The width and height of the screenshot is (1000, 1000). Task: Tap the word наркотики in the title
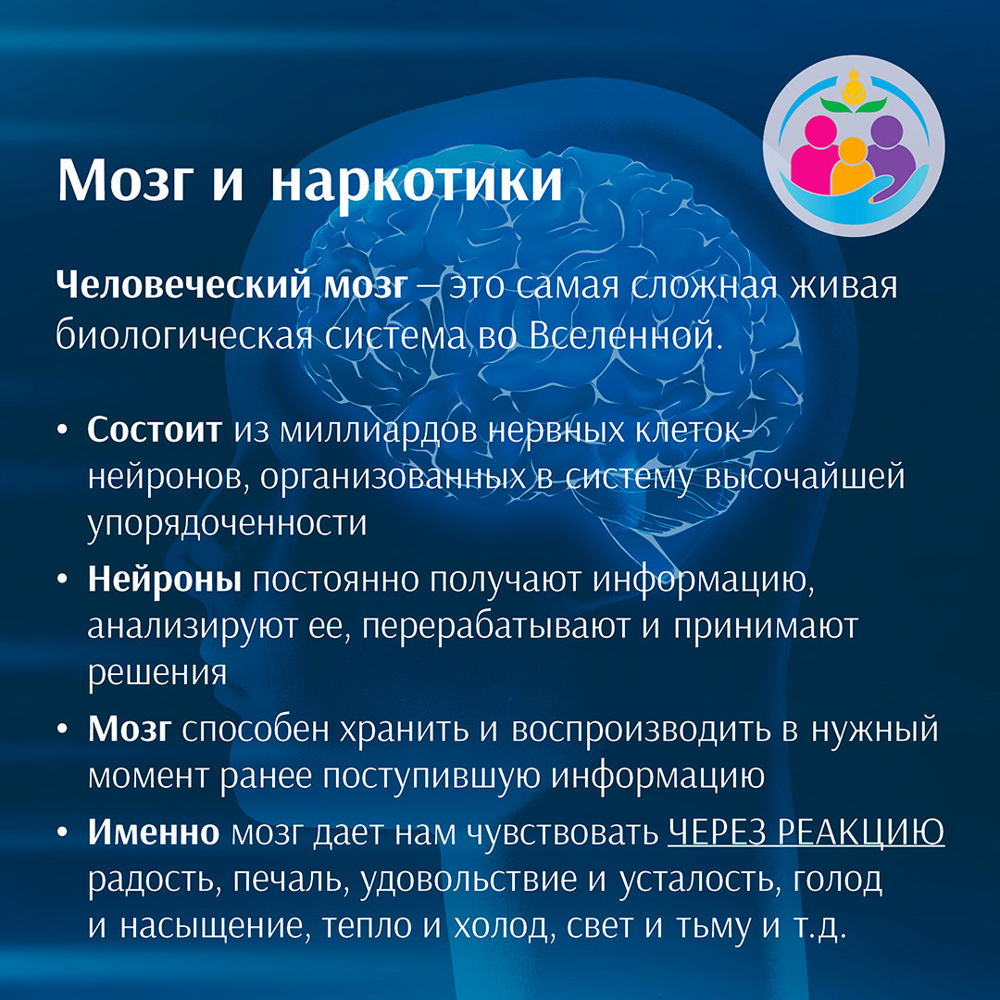[x=417, y=180]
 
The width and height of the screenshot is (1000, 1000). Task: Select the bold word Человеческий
[x=183, y=286]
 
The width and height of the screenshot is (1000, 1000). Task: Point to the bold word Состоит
[x=155, y=430]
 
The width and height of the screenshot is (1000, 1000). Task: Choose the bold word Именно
[x=153, y=831]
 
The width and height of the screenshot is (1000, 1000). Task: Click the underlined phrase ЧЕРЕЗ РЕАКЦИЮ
[x=806, y=833]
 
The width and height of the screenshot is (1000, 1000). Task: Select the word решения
[x=156, y=674]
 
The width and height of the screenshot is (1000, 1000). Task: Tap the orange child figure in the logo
[x=853, y=167]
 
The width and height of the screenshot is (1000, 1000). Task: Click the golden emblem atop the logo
[x=853, y=88]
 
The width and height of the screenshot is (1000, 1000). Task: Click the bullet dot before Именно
[x=62, y=833]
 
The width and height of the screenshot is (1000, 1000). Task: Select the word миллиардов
[x=379, y=431]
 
